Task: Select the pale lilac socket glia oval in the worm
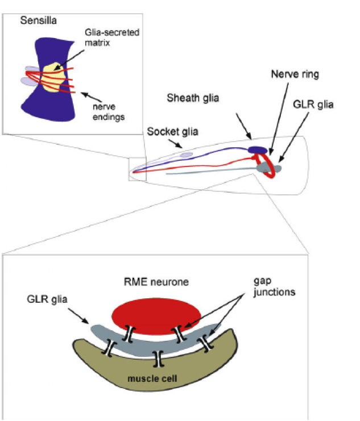click(x=186, y=155)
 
